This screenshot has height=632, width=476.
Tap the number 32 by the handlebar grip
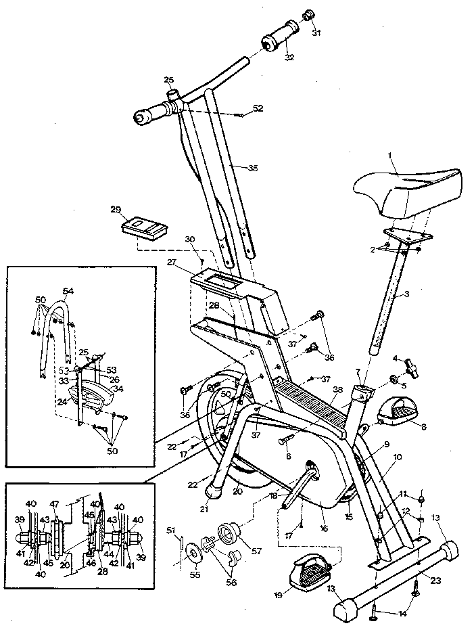[x=290, y=58]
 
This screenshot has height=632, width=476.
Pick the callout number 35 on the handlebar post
[x=234, y=168]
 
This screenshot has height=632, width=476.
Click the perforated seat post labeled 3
[x=389, y=301]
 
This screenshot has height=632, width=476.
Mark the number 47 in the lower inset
[x=55, y=504]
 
